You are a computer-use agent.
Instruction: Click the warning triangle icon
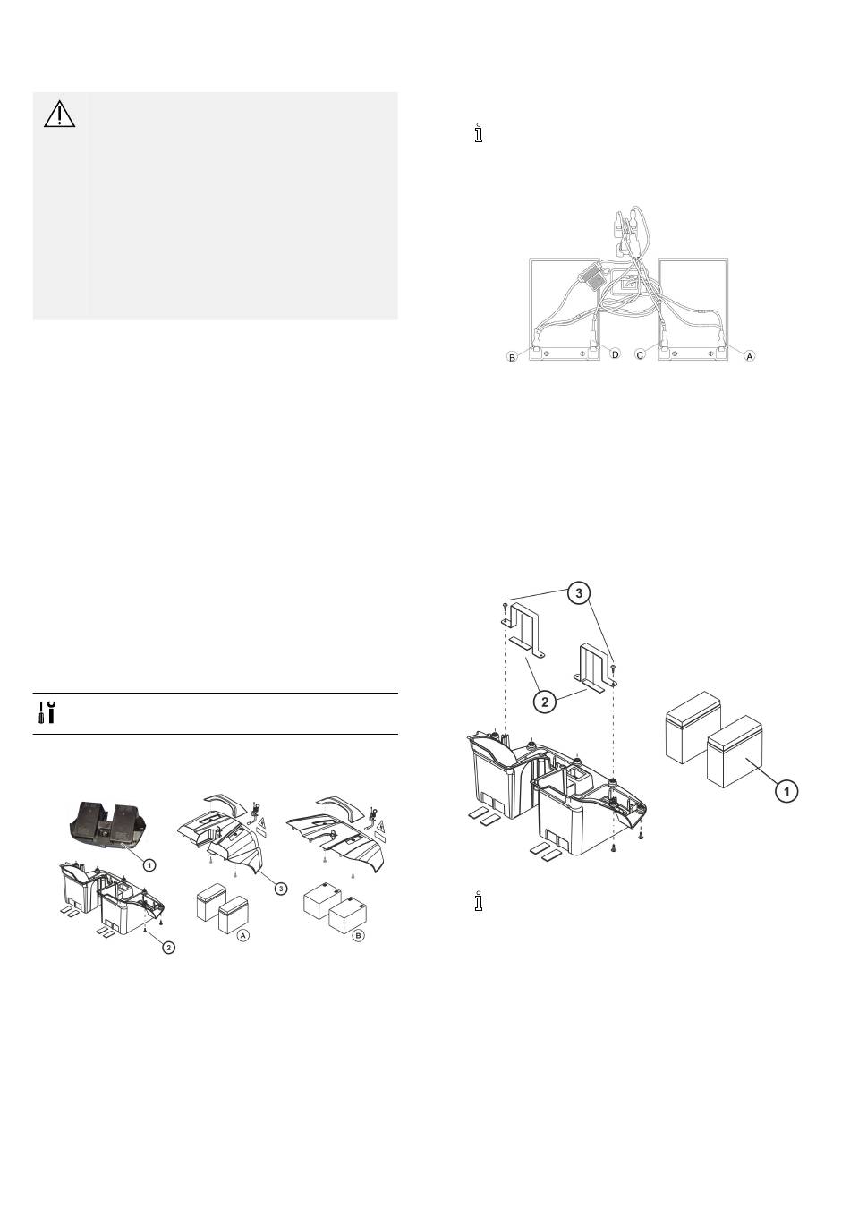(60, 114)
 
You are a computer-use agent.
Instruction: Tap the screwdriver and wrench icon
(47, 712)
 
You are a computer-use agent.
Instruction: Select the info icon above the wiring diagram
(479, 133)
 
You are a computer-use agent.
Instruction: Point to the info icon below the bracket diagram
(479, 901)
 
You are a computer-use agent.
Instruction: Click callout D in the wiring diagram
(615, 354)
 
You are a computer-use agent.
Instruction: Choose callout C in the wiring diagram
(641, 355)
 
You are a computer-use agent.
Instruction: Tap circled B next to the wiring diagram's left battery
(512, 358)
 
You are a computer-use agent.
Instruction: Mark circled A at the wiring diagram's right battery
(750, 356)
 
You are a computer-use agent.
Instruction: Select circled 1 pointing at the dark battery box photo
(149, 865)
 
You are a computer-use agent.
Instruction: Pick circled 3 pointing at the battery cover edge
(280, 889)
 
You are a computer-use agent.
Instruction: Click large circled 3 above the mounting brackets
(580, 593)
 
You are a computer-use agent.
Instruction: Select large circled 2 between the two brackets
(545, 701)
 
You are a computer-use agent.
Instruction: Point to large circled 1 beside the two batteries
(786, 791)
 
